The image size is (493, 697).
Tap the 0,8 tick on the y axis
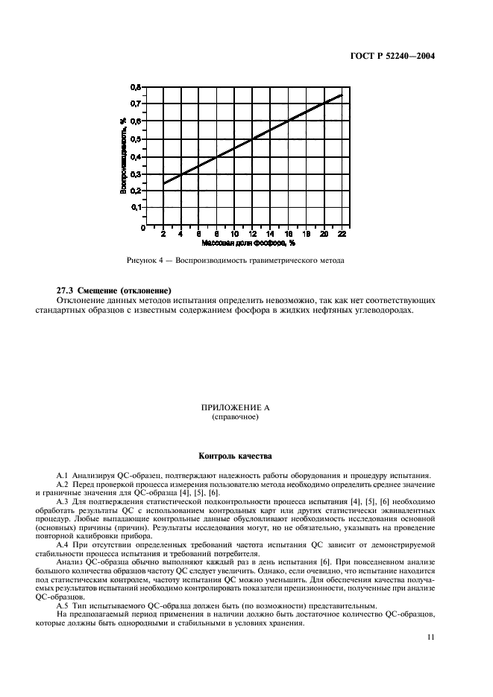(135, 87)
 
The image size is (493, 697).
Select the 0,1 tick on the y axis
(135, 209)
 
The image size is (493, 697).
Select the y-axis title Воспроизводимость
(122, 156)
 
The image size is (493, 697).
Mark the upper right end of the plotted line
(342, 95)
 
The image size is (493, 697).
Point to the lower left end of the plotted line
(163, 184)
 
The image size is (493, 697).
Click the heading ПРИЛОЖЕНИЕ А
(245, 408)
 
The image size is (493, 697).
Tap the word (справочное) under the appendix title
(245, 417)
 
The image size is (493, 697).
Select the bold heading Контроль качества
(245, 455)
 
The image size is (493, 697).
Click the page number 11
(430, 637)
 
